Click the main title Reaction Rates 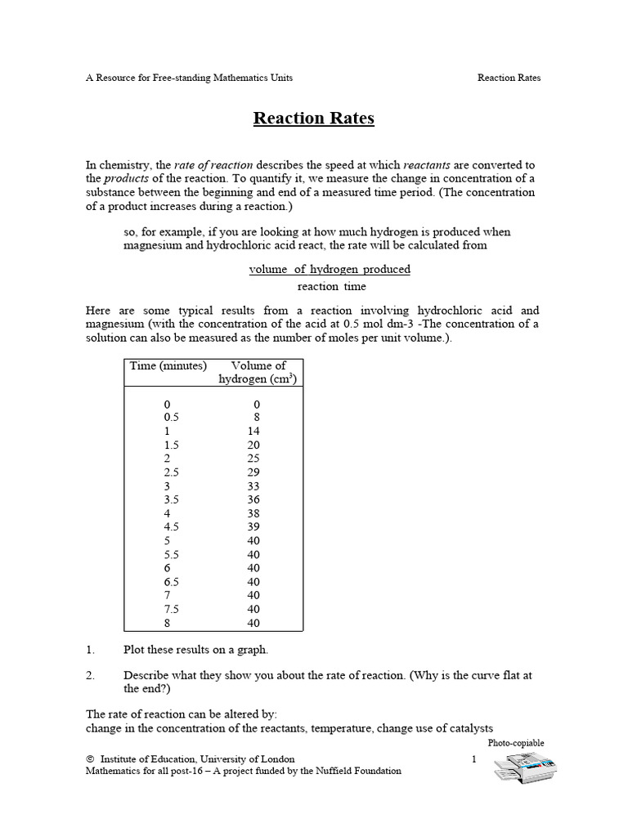tap(313, 119)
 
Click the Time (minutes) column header tap(168, 365)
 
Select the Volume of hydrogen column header tap(258, 372)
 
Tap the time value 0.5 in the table tap(171, 416)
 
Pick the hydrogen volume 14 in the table tap(253, 430)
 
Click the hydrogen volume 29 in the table tap(253, 472)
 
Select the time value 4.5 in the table tap(171, 526)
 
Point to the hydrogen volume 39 tap(253, 526)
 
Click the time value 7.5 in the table tap(171, 609)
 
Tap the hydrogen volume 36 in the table tap(253, 499)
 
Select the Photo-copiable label tap(515, 743)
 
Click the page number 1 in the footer tap(473, 759)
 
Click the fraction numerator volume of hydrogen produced tap(330, 269)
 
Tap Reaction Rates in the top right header tap(509, 78)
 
